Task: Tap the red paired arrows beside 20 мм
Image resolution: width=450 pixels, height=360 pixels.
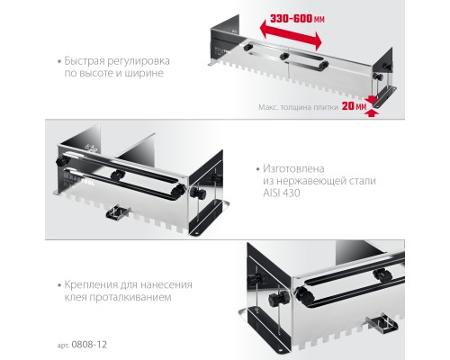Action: click(x=375, y=105)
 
